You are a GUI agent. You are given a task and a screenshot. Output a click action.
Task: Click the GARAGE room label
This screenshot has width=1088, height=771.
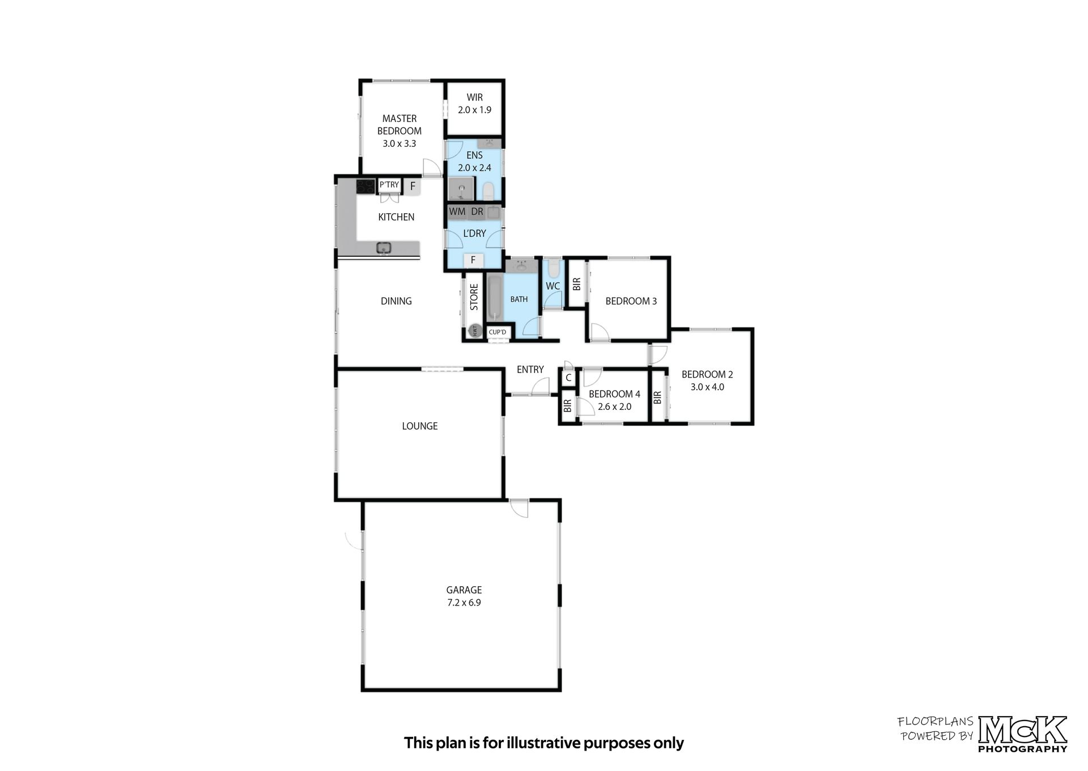pyautogui.click(x=464, y=590)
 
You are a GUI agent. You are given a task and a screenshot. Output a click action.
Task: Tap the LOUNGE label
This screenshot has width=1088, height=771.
pyautogui.click(x=420, y=426)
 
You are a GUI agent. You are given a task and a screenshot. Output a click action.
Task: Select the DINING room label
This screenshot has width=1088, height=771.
pyautogui.click(x=396, y=301)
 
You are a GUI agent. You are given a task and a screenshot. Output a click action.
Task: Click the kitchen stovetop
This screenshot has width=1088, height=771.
pyautogui.click(x=365, y=186)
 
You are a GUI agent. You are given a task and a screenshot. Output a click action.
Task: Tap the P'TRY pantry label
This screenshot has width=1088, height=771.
pyautogui.click(x=389, y=185)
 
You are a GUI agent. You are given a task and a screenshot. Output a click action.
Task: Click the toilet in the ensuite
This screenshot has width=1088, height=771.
pyautogui.click(x=488, y=191)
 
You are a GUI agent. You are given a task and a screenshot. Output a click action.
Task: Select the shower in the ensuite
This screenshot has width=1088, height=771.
pyautogui.click(x=461, y=189)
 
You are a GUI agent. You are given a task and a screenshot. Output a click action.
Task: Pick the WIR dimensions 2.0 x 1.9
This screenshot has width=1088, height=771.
pyautogui.click(x=475, y=110)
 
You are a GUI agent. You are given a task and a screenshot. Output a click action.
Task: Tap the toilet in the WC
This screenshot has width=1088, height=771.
pyautogui.click(x=554, y=268)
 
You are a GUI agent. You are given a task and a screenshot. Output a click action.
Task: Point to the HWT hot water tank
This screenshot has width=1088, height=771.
pyautogui.click(x=474, y=331)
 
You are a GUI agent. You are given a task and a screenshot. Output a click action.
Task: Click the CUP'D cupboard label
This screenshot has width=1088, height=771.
pyautogui.click(x=498, y=332)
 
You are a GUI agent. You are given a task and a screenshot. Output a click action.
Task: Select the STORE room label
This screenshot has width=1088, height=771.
pyautogui.click(x=474, y=297)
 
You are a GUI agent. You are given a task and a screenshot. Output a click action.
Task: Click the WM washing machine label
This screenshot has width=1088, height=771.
pyautogui.click(x=457, y=212)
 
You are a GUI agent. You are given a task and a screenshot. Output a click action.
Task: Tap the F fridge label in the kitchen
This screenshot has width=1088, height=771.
pyautogui.click(x=413, y=186)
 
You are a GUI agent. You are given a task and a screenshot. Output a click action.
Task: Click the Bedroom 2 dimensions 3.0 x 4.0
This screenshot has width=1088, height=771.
pyautogui.click(x=707, y=387)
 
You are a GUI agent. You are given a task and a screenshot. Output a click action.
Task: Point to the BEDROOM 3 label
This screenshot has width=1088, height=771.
pyautogui.click(x=631, y=301)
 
